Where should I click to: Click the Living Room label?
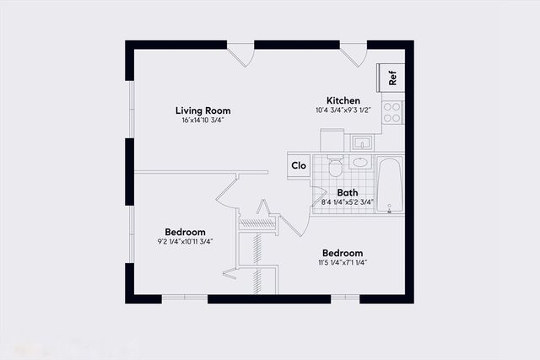click(x=202, y=110)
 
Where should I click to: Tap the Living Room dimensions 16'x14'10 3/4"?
click(x=202, y=121)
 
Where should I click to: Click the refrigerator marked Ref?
click(x=392, y=76)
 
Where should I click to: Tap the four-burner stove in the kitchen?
click(x=392, y=111)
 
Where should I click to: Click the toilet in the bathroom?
click(x=335, y=166)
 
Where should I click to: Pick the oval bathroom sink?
click(x=359, y=162)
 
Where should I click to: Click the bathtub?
click(x=390, y=184)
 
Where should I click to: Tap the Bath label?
click(x=348, y=192)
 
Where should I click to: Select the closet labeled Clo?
click(x=299, y=165)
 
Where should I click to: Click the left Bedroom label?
click(x=185, y=232)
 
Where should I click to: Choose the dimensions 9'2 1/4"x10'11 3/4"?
click(x=185, y=242)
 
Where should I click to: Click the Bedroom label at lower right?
click(x=343, y=253)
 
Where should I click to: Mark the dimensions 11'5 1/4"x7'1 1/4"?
click(x=343, y=263)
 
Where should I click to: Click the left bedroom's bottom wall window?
click(x=184, y=298)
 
